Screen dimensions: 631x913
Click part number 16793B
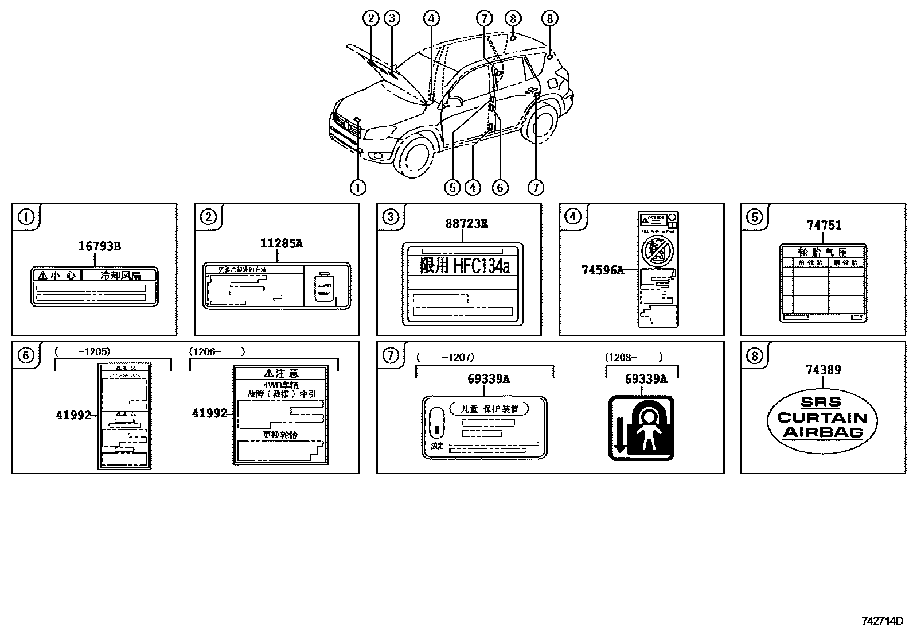coord(99,246)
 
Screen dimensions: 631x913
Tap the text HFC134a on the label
coord(481,265)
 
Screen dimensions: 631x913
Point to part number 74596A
coord(602,269)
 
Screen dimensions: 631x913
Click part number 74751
coord(824,225)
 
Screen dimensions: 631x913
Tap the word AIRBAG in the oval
coord(823,432)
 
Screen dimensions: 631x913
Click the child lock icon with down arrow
coord(641,428)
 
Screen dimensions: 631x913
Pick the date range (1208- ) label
coord(633,357)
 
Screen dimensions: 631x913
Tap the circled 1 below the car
coord(358,187)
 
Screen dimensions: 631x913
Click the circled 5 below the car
coord(452,187)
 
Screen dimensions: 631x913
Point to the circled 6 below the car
coord(500,187)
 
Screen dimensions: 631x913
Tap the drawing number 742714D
coord(882,621)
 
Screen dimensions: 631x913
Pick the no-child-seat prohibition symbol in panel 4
coord(657,250)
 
